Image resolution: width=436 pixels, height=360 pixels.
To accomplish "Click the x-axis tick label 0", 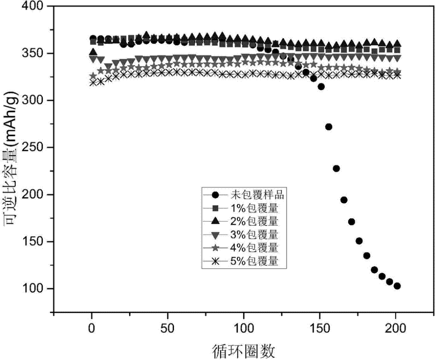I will pos(92,328).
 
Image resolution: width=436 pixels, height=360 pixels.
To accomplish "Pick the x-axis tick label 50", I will pos(168,328).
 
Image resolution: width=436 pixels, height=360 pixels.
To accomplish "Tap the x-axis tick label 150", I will pos(320,328).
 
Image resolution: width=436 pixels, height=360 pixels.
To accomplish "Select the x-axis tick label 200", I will pos(396,328).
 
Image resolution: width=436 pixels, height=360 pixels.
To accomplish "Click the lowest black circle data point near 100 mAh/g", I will pos(397,286).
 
